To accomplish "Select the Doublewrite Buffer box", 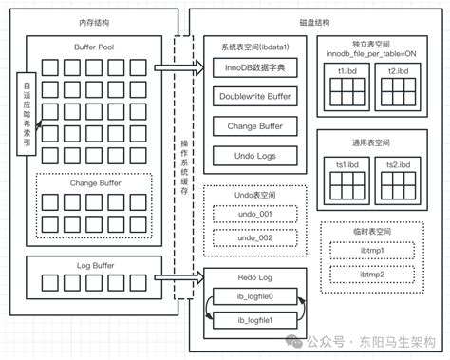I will tap(253, 95).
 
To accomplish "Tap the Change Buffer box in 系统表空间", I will tap(253, 124).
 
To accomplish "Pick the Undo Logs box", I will tap(253, 154).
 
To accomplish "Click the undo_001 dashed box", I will tap(253, 214).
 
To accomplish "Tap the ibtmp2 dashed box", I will tap(371, 275).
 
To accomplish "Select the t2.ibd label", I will tap(398, 70).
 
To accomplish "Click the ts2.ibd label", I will tap(398, 164).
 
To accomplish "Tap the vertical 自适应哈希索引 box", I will tap(25, 106).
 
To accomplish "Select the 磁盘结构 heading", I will tap(314, 21).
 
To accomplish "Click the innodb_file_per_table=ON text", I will tap(371, 54).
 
